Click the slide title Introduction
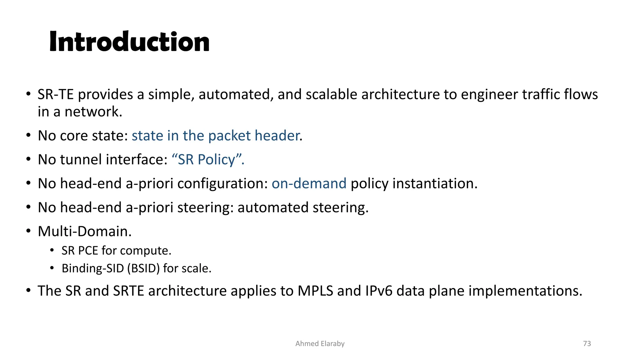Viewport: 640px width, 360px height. click(x=129, y=42)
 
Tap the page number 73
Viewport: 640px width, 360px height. click(x=587, y=343)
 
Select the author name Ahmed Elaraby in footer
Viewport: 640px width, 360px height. click(x=320, y=343)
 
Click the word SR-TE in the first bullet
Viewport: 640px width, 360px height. click(x=55, y=94)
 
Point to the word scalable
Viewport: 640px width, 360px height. click(x=331, y=94)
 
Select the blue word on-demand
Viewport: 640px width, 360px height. click(x=309, y=183)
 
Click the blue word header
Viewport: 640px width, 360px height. click(x=277, y=136)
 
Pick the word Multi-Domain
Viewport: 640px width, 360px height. click(x=84, y=232)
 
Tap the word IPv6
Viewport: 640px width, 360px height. click(x=378, y=291)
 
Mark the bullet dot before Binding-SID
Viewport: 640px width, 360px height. click(x=52, y=268)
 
